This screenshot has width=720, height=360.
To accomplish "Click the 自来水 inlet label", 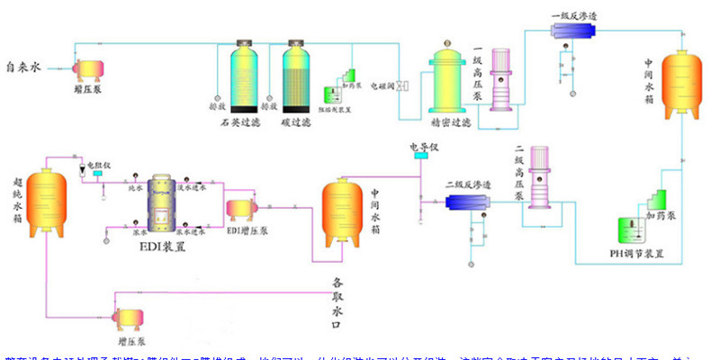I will point(23,67).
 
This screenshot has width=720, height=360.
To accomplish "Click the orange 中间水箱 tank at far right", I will point(682,82).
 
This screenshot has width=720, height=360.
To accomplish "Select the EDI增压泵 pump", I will point(243,208).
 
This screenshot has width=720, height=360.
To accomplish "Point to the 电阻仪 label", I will point(98,165).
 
